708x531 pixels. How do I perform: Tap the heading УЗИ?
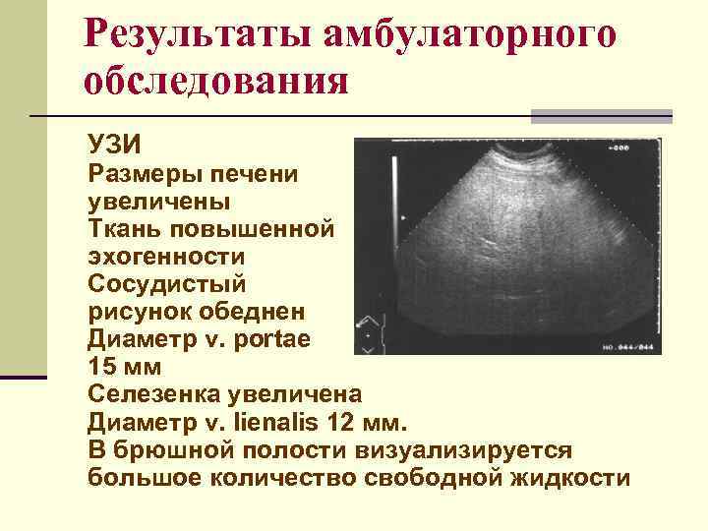point(114,146)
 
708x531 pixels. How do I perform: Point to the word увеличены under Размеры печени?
point(159,203)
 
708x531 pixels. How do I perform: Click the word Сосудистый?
point(167,284)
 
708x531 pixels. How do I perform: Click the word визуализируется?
point(487,448)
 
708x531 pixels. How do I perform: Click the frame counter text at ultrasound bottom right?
point(627,347)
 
